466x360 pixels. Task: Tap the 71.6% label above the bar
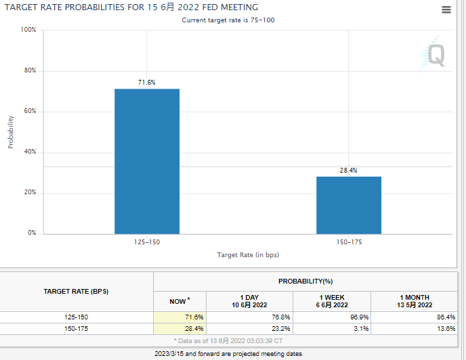click(x=147, y=83)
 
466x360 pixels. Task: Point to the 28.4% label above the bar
click(x=348, y=171)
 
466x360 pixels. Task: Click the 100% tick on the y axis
click(x=28, y=30)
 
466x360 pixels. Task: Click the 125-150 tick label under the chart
click(x=147, y=242)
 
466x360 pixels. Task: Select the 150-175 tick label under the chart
click(x=348, y=242)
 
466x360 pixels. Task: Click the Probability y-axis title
click(x=11, y=131)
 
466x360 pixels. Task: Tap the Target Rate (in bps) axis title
click(x=248, y=255)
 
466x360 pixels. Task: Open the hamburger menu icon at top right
click(x=446, y=9)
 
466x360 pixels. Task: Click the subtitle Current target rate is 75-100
click(x=228, y=20)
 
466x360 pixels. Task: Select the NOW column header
click(x=179, y=301)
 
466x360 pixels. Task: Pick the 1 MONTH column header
click(x=415, y=301)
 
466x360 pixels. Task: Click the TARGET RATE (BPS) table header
click(x=76, y=292)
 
